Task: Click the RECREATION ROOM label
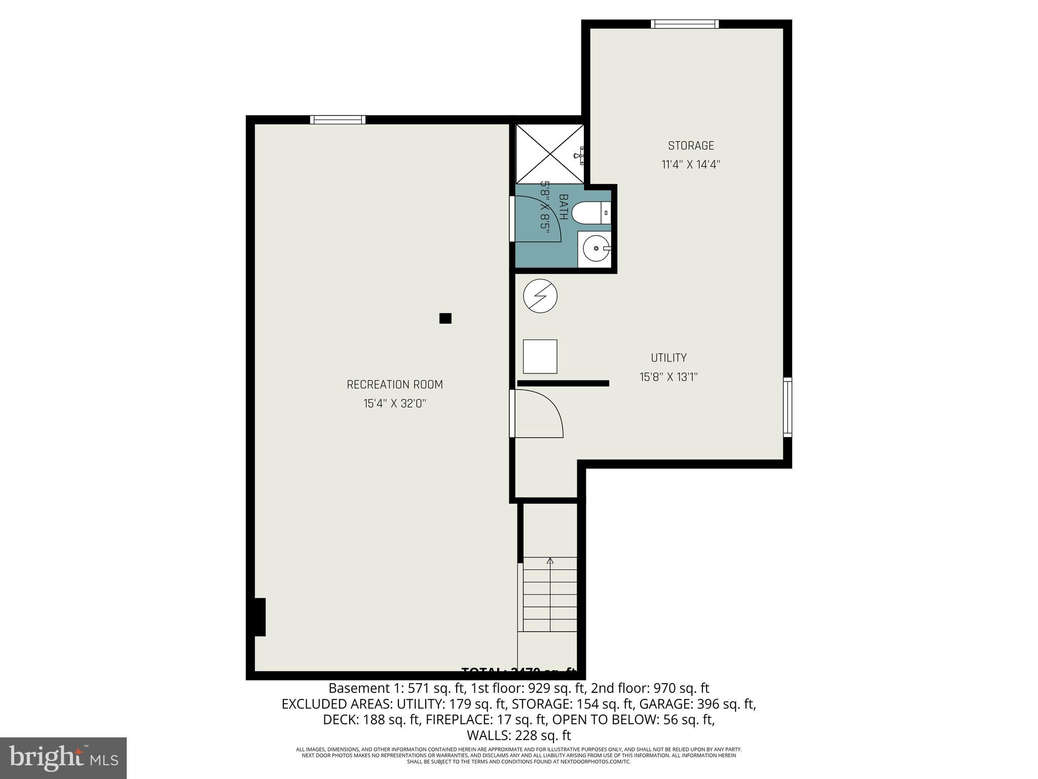[x=394, y=384]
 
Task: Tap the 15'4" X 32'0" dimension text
[x=394, y=404]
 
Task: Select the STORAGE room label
[x=690, y=146]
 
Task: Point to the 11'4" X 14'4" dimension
[x=690, y=165]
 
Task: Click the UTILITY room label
[x=669, y=358]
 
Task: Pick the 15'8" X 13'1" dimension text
[x=669, y=377]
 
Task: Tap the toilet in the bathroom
[x=588, y=213]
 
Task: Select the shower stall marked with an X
[x=549, y=154]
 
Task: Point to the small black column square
[x=445, y=318]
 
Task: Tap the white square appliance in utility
[x=540, y=357]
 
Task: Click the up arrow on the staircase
[x=550, y=561]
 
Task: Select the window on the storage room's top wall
[x=684, y=24]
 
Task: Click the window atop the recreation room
[x=338, y=120]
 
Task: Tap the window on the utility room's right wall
[x=787, y=407]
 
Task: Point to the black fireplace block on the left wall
[x=259, y=617]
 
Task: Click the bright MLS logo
[x=63, y=758]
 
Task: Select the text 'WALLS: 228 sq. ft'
[x=518, y=735]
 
